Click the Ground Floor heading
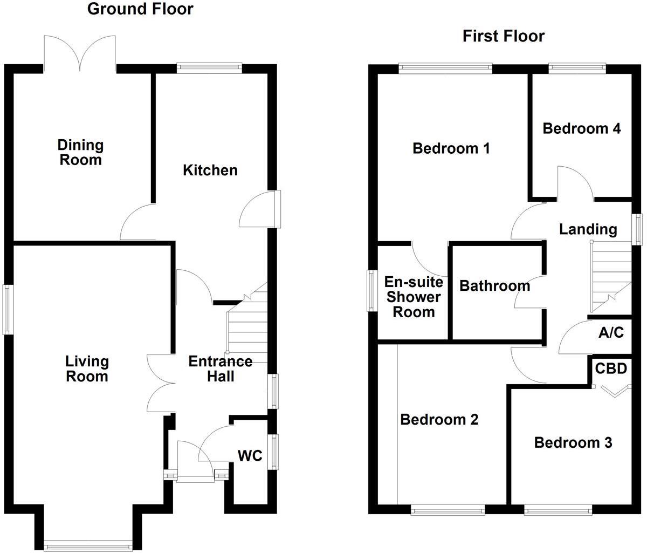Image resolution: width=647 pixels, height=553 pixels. (x=140, y=9)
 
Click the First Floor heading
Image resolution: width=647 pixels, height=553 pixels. (x=504, y=36)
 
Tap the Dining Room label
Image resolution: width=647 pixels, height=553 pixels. (x=80, y=153)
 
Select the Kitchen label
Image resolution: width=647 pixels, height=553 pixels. (x=210, y=170)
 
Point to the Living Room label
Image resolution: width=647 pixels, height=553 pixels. (x=87, y=368)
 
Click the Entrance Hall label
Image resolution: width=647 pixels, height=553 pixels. (x=220, y=368)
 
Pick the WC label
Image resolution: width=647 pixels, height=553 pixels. (x=250, y=456)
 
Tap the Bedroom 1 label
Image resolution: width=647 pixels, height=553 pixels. (x=451, y=148)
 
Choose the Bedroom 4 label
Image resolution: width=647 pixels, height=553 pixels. (x=581, y=128)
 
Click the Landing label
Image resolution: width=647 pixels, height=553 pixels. (x=588, y=229)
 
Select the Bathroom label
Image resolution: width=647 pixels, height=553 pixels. (x=494, y=285)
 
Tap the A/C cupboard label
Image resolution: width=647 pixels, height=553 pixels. (x=611, y=333)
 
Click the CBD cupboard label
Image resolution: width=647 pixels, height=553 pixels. (x=611, y=369)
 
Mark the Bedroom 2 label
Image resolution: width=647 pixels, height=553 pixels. (x=439, y=419)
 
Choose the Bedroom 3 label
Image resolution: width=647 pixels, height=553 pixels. (x=573, y=443)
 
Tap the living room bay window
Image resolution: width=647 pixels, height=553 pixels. (x=88, y=545)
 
